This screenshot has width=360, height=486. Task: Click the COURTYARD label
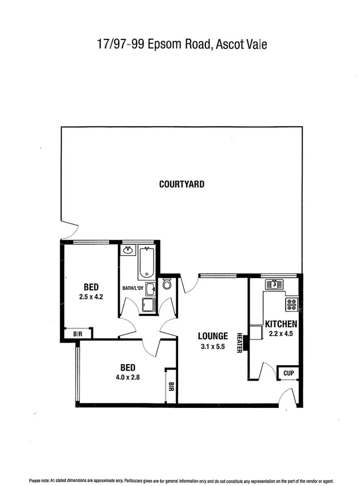181,184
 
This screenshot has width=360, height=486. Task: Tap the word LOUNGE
213,336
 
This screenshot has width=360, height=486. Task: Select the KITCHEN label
281,324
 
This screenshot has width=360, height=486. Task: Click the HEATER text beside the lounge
239,343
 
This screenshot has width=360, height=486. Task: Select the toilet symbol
167,284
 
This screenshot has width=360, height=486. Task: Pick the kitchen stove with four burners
292,304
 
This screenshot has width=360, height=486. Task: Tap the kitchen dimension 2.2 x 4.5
281,333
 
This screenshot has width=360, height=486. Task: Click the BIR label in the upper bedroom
77,333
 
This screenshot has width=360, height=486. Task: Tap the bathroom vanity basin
128,250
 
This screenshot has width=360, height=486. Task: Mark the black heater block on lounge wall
246,342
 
